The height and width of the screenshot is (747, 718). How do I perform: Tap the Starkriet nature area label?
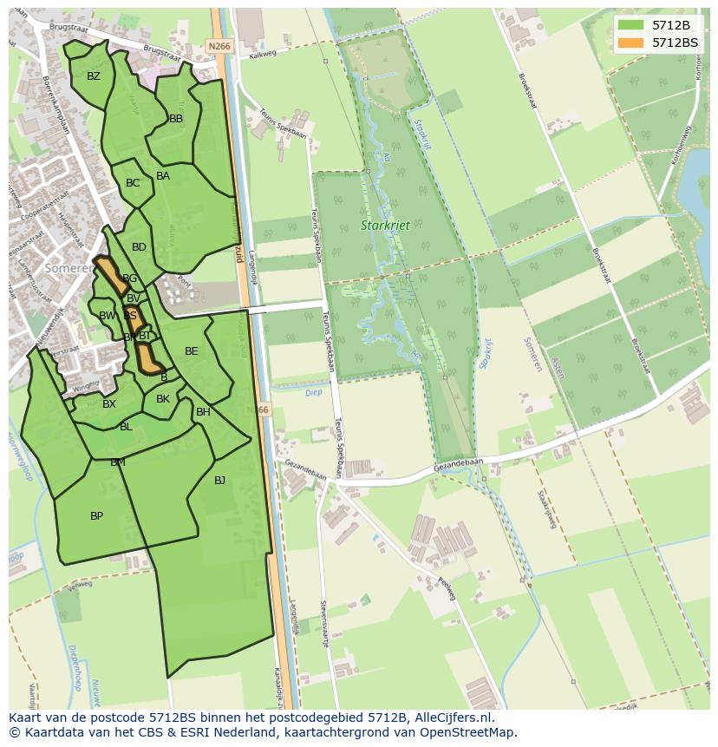click(x=385, y=226)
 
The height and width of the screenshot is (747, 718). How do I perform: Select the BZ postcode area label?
click(x=94, y=76)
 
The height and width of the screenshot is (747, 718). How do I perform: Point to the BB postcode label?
click(x=176, y=119)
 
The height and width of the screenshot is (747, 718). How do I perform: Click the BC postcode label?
click(x=133, y=183)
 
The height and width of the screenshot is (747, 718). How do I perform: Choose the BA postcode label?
click(x=163, y=176)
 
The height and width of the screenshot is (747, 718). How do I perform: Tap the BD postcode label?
click(x=139, y=247)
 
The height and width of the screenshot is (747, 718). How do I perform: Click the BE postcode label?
click(x=192, y=351)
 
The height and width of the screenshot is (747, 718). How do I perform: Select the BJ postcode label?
click(x=219, y=480)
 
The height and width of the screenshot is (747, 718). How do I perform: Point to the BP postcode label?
click(x=96, y=516)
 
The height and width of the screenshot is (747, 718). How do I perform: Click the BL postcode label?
click(x=126, y=427)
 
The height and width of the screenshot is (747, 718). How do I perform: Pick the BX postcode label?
click(x=109, y=404)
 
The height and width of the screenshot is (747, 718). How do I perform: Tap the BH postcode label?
click(x=203, y=412)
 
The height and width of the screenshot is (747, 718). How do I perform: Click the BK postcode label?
click(x=163, y=399)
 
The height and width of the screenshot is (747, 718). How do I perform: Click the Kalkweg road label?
click(x=261, y=56)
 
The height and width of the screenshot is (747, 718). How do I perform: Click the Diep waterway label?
click(x=313, y=392)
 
